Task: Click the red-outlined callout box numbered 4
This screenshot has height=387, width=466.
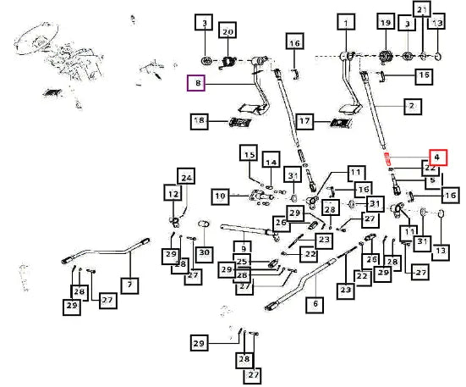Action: pos(438,158)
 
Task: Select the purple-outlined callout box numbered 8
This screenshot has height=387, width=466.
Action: pos(196,83)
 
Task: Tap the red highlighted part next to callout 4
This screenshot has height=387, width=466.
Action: pos(388,159)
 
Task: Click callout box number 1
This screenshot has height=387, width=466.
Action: pos(346,22)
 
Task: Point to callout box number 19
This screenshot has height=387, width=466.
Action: pos(386,21)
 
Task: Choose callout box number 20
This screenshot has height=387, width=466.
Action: pos(228,30)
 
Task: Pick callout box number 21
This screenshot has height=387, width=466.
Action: pos(422,8)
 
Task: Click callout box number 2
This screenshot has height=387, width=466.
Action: pos(413,107)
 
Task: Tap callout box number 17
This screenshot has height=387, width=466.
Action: pos(304,122)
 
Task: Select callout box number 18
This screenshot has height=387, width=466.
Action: pos(199,121)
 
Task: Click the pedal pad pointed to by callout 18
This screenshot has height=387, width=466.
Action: pos(240,122)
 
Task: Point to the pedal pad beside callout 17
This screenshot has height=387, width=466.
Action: pos(341,123)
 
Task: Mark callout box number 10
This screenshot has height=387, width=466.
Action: pos(220,197)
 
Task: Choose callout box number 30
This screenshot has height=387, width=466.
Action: pos(204,254)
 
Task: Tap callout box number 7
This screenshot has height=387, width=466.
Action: pos(130,285)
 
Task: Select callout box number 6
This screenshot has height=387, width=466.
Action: pos(315,305)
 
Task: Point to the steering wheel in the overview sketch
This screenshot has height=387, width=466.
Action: pos(36,40)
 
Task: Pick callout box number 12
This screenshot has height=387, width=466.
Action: pos(173,193)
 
